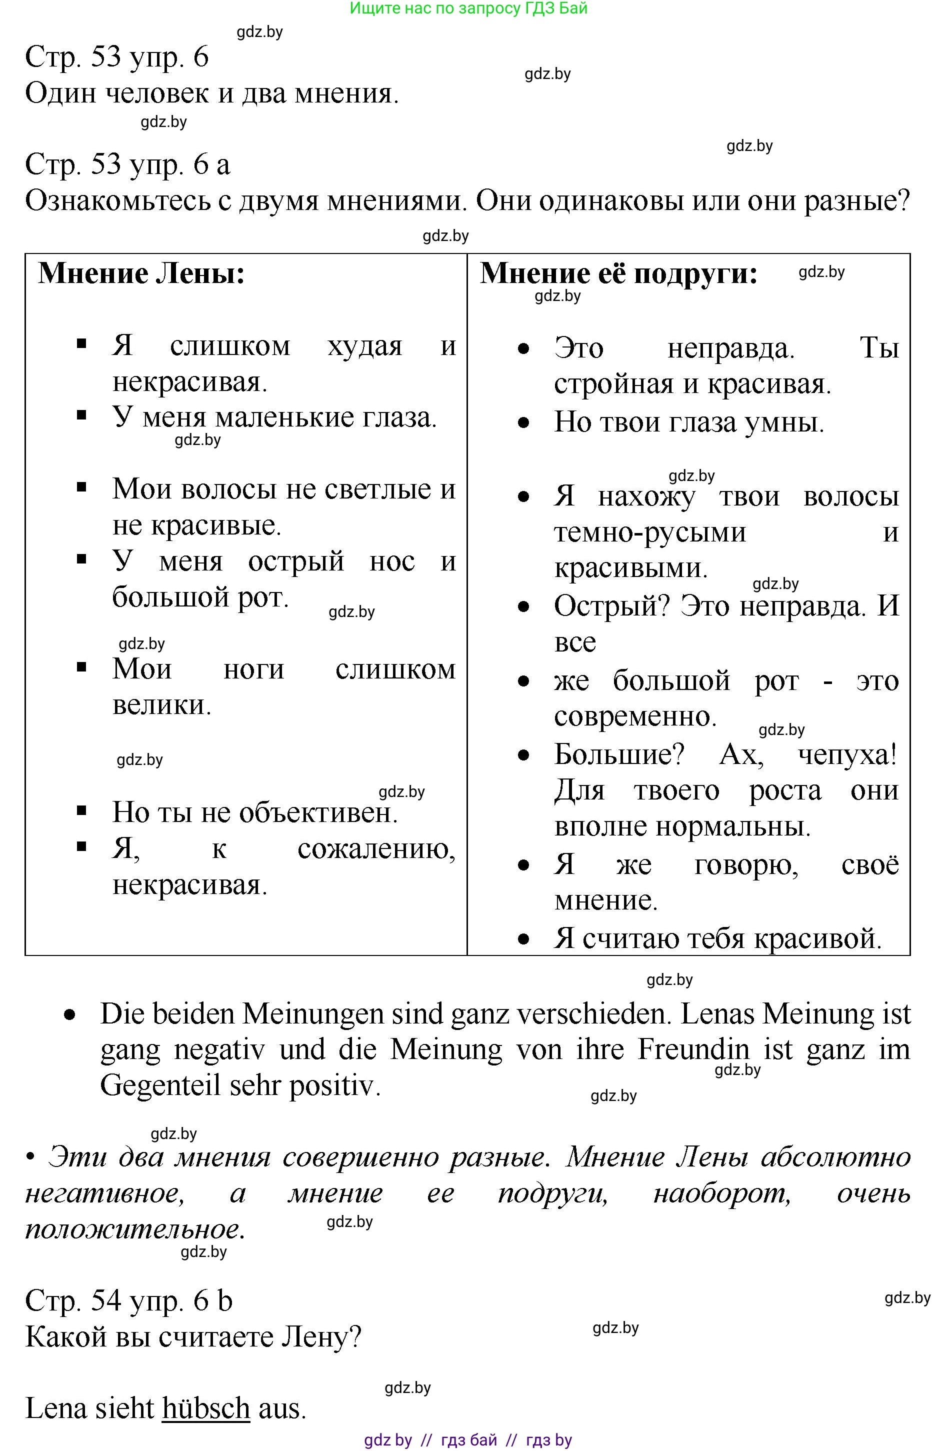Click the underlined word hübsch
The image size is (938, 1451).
[206, 1408]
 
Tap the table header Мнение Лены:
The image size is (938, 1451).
[141, 273]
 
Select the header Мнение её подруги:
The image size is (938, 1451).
[618, 273]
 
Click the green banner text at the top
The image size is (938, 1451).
[468, 8]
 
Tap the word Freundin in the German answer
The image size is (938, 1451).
[693, 1049]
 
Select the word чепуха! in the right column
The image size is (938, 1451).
[847, 755]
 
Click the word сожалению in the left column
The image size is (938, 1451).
[376, 849]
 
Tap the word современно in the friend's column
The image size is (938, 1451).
[634, 716]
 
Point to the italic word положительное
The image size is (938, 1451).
[134, 1229]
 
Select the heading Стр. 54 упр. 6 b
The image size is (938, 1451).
[128, 1300]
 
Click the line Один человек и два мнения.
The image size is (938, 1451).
[212, 93]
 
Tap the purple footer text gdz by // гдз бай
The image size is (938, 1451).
[468, 1440]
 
